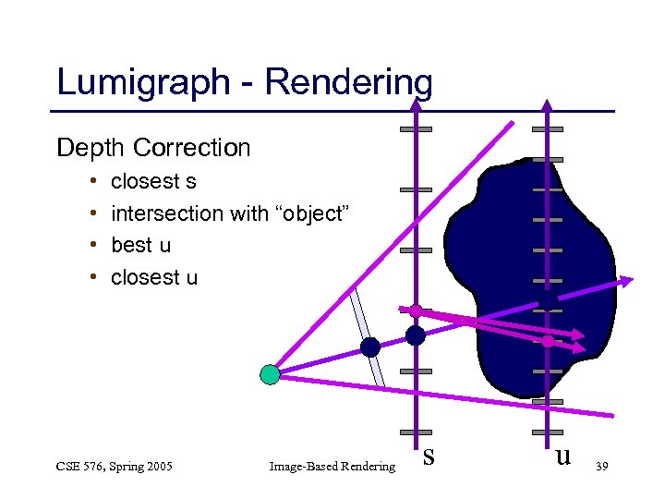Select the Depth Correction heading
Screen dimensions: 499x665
(153, 148)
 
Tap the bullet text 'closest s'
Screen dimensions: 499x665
(153, 181)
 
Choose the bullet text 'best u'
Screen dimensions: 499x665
(140, 245)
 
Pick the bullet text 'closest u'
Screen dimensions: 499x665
(153, 277)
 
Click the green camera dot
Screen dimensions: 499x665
(269, 374)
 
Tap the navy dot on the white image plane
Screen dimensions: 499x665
(370, 347)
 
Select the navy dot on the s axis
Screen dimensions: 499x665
(416, 335)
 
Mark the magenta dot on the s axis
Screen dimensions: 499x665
(416, 310)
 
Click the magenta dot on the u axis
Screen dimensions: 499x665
(548, 341)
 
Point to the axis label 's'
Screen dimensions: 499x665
(428, 455)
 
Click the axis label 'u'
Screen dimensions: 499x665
(562, 455)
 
